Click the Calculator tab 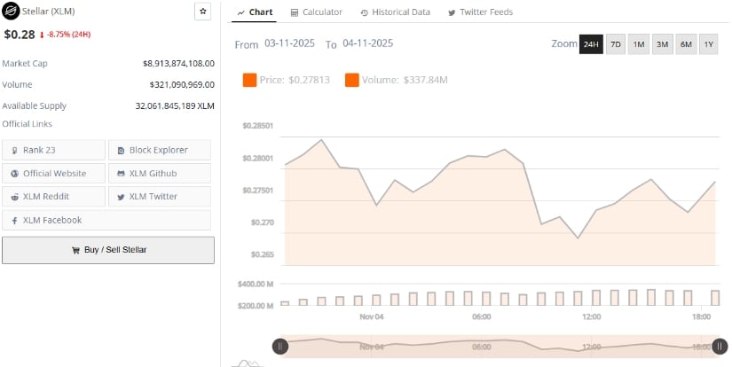click(x=316, y=12)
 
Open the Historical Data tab click(x=395, y=12)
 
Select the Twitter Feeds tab click(x=480, y=12)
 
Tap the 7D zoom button click(x=616, y=44)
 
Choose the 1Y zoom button click(x=708, y=44)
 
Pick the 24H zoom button click(x=591, y=44)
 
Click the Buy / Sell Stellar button click(x=108, y=250)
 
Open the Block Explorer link click(x=160, y=150)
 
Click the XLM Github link click(x=160, y=173)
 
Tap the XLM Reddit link click(x=53, y=196)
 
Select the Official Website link click(x=53, y=173)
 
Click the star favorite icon click(x=203, y=12)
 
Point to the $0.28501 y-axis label click(x=257, y=126)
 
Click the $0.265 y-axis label click(x=261, y=254)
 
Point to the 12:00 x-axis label click(x=592, y=316)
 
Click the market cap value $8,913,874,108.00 click(x=178, y=64)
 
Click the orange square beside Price click(x=249, y=81)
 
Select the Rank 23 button click(x=53, y=150)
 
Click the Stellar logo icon click(x=12, y=12)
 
